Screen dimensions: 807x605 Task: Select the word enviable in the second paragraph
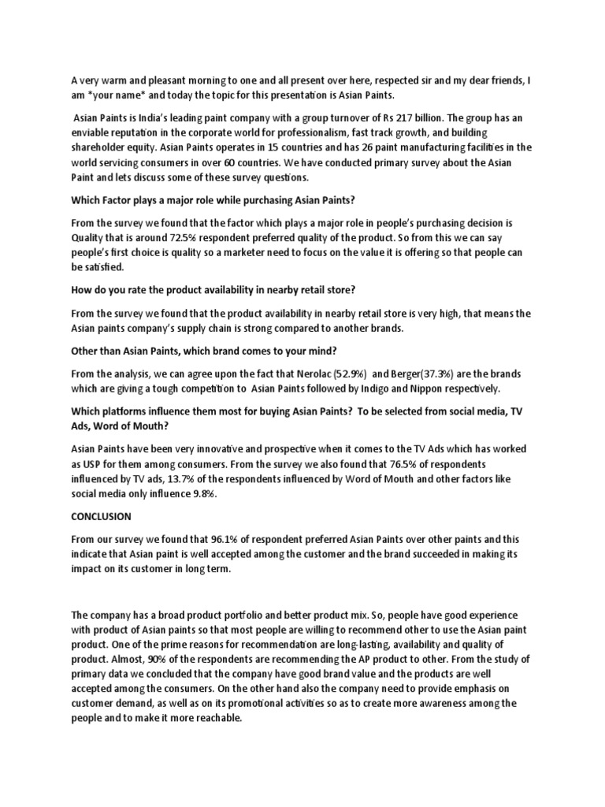tap(93, 132)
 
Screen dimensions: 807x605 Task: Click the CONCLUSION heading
tap(102, 516)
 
